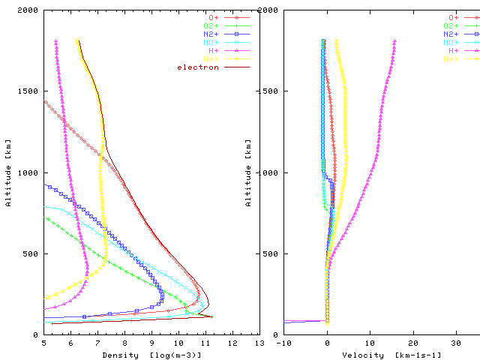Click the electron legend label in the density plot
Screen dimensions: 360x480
click(198, 67)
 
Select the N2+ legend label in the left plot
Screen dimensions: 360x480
click(211, 34)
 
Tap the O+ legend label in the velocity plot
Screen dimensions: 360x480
click(454, 17)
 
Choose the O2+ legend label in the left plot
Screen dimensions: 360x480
click(211, 26)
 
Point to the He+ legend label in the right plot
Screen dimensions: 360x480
click(452, 59)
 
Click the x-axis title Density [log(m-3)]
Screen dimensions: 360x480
click(151, 354)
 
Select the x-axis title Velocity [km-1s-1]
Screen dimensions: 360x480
click(381, 354)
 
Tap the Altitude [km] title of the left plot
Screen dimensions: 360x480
click(8, 172)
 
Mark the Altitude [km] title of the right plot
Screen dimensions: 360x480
click(248, 172)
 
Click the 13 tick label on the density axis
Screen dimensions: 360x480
click(259, 343)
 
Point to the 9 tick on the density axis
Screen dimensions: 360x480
click(151, 343)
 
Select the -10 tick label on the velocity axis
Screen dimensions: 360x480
click(283, 343)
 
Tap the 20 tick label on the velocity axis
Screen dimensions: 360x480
click(413, 343)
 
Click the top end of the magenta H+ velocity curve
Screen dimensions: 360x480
click(394, 41)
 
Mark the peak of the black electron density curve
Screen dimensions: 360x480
click(208, 304)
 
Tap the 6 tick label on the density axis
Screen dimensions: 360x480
click(71, 343)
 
